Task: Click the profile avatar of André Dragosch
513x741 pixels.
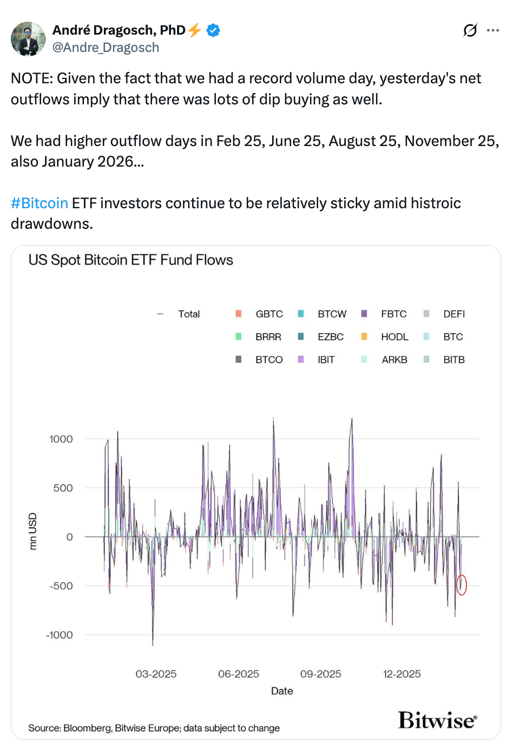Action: pyautogui.click(x=28, y=39)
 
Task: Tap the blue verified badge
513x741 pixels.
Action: pyautogui.click(x=213, y=30)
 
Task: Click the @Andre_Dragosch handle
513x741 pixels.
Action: pyautogui.click(x=106, y=48)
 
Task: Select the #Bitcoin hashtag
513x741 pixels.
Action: pyautogui.click(x=40, y=203)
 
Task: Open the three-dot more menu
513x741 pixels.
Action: pyautogui.click(x=492, y=30)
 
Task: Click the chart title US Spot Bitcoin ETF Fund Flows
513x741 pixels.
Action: pyautogui.click(x=130, y=260)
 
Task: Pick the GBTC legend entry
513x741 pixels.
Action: pyautogui.click(x=269, y=314)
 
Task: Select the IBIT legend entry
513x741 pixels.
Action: pyautogui.click(x=326, y=360)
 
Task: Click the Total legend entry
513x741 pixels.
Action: pyautogui.click(x=189, y=314)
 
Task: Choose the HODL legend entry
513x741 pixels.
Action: pyautogui.click(x=394, y=337)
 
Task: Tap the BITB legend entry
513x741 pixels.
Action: pyautogui.click(x=453, y=360)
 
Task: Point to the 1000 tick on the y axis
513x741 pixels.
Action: pyautogui.click(x=61, y=439)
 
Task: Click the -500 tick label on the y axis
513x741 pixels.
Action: pyautogui.click(x=61, y=586)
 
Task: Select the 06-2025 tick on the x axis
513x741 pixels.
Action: pyautogui.click(x=238, y=674)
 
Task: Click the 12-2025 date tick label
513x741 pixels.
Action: pyautogui.click(x=402, y=674)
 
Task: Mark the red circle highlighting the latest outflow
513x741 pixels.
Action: pyautogui.click(x=461, y=585)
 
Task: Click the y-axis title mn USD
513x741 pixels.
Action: pyautogui.click(x=33, y=531)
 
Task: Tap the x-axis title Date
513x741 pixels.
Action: pyautogui.click(x=282, y=691)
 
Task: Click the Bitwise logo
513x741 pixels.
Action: pyautogui.click(x=437, y=720)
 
